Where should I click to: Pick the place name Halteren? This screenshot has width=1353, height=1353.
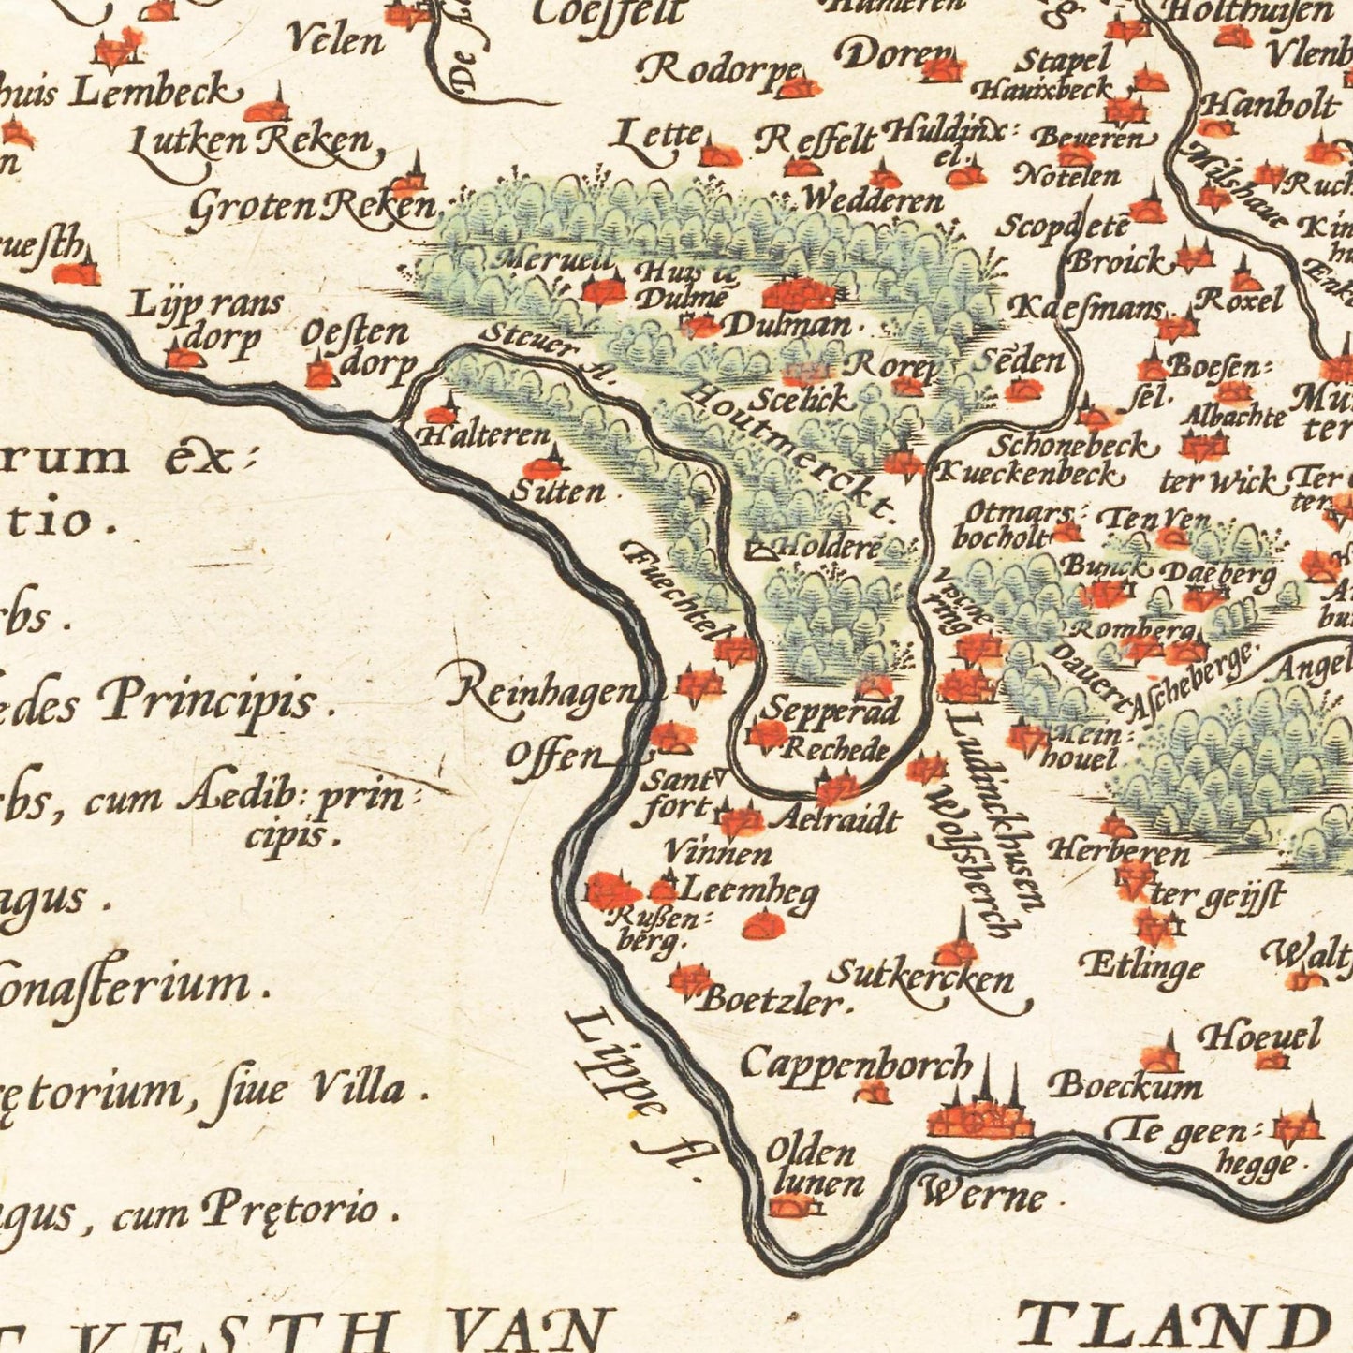point(484,435)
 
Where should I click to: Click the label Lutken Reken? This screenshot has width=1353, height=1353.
point(251,142)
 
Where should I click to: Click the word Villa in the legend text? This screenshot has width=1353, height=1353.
point(358,1088)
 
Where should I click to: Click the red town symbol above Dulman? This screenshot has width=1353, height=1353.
point(798,294)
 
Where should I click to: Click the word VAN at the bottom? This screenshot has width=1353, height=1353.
point(527,1330)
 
